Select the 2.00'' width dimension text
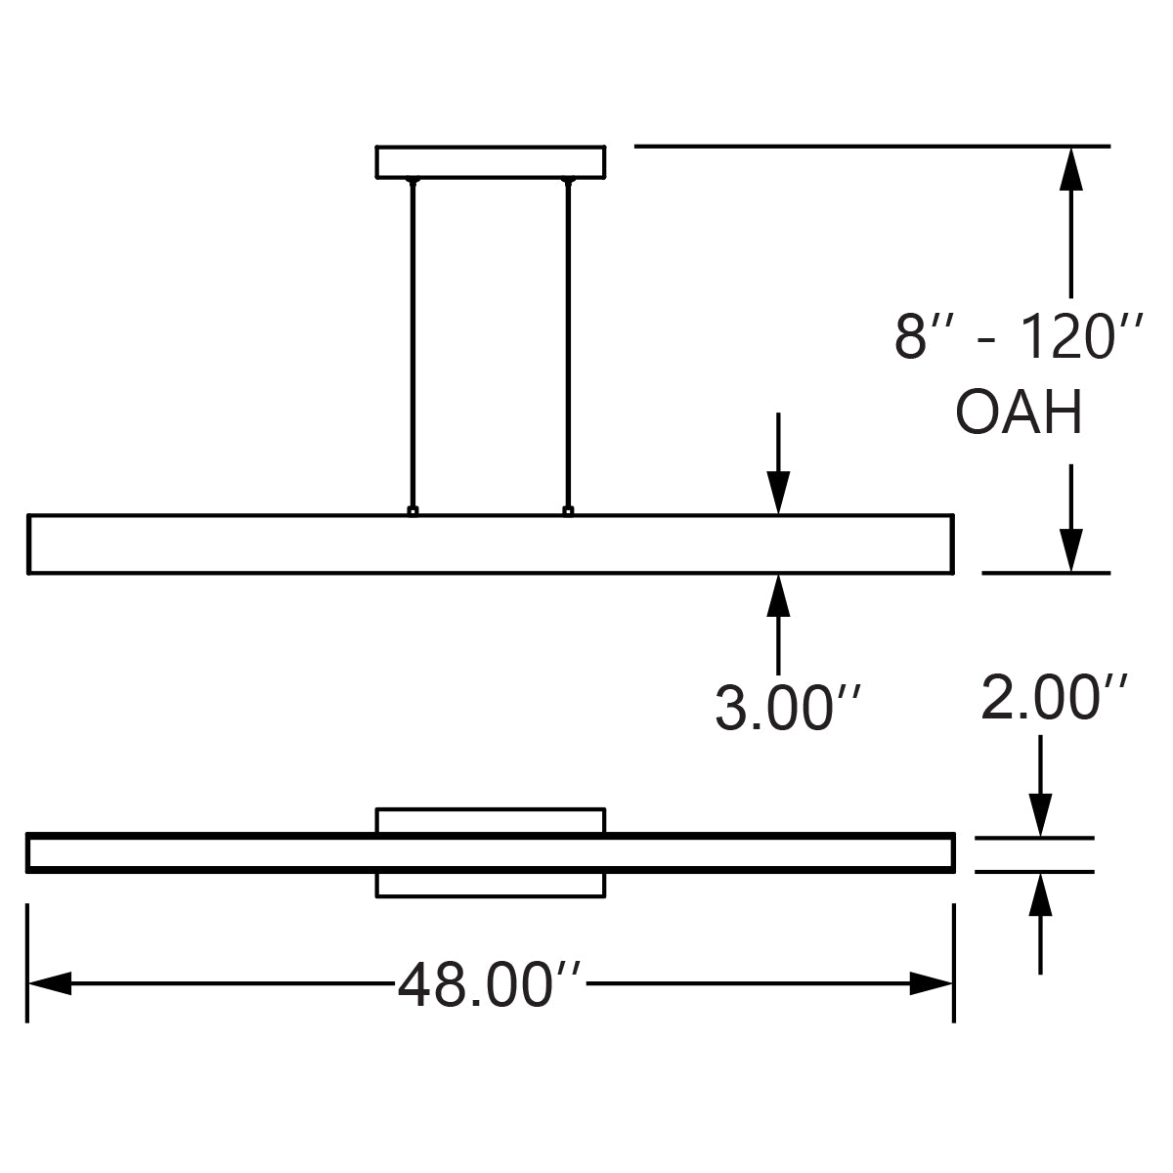tap(1055, 696)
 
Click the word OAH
tap(1019, 413)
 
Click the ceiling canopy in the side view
tap(491, 162)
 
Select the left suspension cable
tap(413, 342)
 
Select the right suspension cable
tap(567, 342)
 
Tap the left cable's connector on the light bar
tap(413, 510)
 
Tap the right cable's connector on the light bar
tap(568, 510)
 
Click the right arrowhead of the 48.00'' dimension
tap(931, 983)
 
